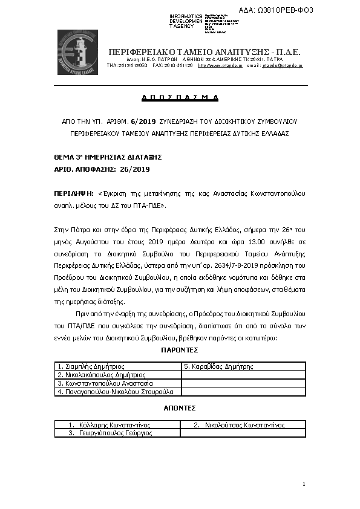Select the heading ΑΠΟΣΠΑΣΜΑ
pos(180,97)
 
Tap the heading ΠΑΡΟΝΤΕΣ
pos(180,350)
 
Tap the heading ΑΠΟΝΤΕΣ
pos(180,408)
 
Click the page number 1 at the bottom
pos(304,484)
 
